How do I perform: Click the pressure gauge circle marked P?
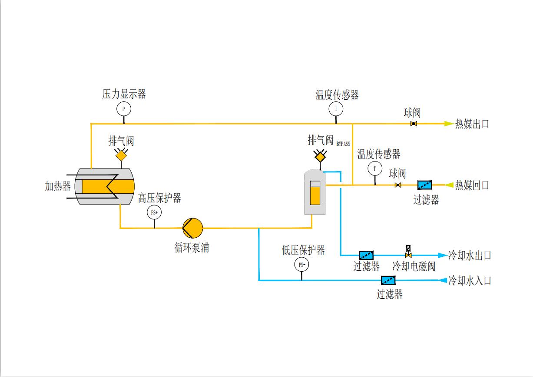[123, 108]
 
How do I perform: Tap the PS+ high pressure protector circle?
[154, 213]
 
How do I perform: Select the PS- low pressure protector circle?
[301, 264]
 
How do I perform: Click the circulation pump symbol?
[192, 227]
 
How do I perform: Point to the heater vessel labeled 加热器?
[104, 186]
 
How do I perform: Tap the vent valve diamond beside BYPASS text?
[320, 155]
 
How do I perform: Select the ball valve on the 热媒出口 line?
[414, 124]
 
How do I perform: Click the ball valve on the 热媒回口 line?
[397, 185]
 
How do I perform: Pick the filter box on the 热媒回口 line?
[425, 185]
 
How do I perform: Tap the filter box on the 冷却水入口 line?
[389, 280]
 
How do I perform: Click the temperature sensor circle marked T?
[374, 168]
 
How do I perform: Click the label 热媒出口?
[472, 124]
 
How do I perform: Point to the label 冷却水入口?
[470, 280]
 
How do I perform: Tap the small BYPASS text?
[343, 143]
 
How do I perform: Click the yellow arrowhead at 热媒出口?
[448, 124]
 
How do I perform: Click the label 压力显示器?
[124, 94]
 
